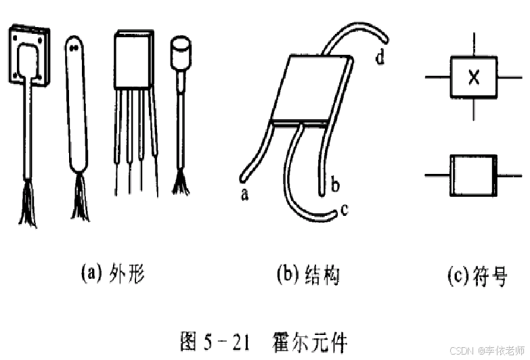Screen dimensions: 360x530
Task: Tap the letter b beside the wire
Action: click(x=334, y=183)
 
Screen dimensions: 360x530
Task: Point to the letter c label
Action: click(x=344, y=210)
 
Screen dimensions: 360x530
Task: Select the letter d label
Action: click(x=380, y=58)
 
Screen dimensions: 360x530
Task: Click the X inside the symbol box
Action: click(x=474, y=78)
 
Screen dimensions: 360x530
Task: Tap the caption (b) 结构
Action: click(x=307, y=275)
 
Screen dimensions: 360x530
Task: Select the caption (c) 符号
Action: click(x=477, y=276)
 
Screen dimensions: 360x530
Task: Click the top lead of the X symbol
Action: click(x=473, y=45)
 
